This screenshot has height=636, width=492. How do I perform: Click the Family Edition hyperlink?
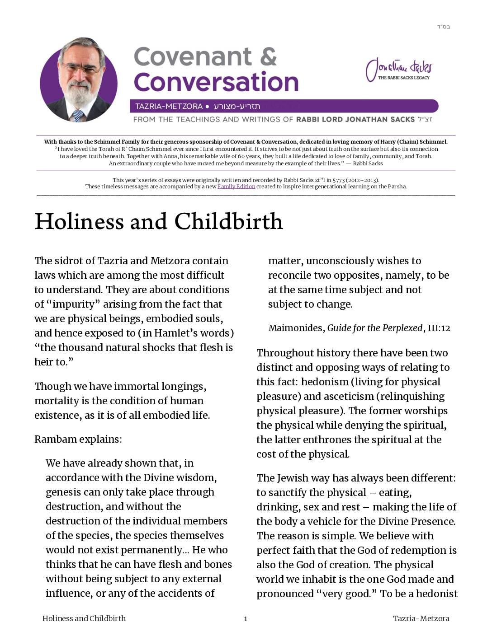click(x=236, y=187)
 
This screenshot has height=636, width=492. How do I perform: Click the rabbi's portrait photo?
click(x=79, y=80)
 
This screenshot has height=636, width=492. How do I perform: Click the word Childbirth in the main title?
click(x=228, y=221)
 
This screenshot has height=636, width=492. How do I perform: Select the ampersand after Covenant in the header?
click(x=268, y=57)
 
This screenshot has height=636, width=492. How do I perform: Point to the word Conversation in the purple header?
click(x=216, y=82)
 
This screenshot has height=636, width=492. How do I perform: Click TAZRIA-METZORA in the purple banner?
click(x=169, y=107)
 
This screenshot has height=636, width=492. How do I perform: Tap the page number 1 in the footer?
click(x=246, y=619)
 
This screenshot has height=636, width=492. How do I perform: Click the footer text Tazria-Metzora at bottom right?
click(x=421, y=619)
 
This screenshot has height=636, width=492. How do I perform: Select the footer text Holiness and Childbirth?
click(x=84, y=619)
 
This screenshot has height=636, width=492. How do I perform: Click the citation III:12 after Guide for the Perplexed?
click(x=439, y=328)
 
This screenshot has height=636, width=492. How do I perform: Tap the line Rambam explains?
click(x=78, y=439)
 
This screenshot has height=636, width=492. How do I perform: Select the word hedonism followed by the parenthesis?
click(x=325, y=382)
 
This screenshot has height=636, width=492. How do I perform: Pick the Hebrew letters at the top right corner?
click(x=443, y=27)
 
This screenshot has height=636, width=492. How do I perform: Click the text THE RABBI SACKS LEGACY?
click(x=404, y=78)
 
